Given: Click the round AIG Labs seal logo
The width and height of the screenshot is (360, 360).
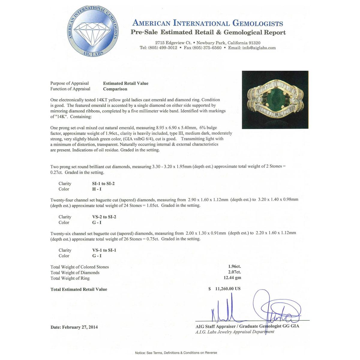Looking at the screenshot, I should [x=93, y=31].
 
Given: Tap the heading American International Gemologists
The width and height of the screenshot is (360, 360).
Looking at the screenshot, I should [x=208, y=23].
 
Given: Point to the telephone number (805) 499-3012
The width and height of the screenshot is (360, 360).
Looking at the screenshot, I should [x=163, y=48].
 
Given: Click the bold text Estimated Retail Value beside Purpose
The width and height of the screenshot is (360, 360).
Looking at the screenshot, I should [x=126, y=83].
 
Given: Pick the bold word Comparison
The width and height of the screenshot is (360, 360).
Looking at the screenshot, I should [x=115, y=89].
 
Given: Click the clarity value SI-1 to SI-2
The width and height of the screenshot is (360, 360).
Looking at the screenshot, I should [x=103, y=184].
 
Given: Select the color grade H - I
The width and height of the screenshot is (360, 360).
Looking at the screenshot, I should [x=97, y=189].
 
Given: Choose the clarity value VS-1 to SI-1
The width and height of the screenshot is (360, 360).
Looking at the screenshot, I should [x=104, y=250].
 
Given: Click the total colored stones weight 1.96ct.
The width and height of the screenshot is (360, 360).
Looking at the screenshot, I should [x=234, y=266].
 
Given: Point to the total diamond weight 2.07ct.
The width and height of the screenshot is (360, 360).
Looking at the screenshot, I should [x=234, y=272].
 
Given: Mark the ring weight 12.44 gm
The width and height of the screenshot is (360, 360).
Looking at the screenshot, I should [x=232, y=278].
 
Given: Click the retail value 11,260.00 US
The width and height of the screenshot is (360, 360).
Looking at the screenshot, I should [x=228, y=289].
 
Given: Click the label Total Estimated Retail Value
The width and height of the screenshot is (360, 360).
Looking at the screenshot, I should [x=79, y=289].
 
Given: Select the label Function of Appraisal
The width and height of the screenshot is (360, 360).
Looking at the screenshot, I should [x=70, y=89].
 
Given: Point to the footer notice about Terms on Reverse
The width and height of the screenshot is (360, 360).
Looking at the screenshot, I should [x=176, y=352].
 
